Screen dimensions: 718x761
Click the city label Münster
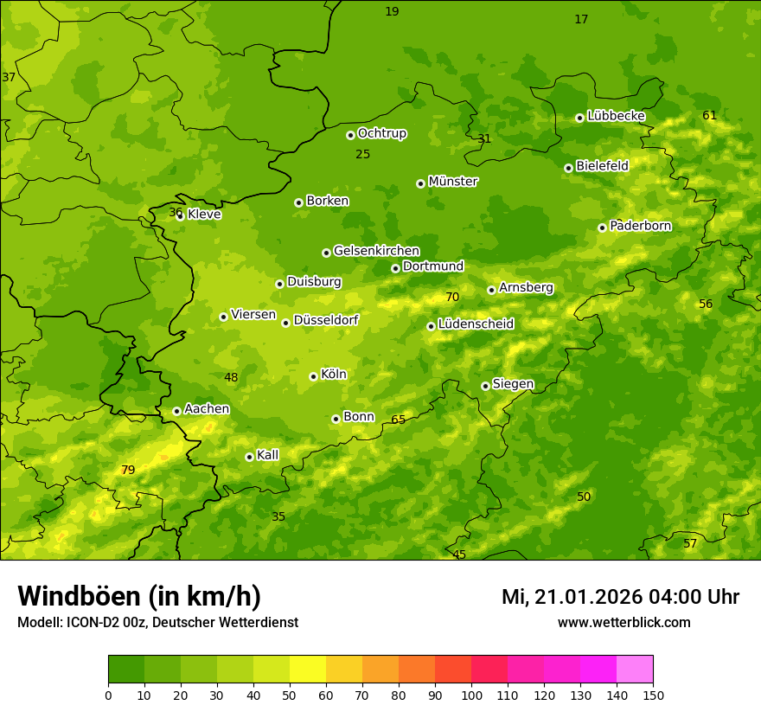coord(453,182)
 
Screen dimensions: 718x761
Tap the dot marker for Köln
coord(313,376)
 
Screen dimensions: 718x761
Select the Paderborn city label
coord(641,226)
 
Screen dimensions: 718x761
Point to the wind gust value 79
coord(128,471)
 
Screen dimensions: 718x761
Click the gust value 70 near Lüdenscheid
coord(452,298)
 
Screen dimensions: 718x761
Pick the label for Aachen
coord(207,409)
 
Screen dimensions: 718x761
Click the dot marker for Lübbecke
coord(579,118)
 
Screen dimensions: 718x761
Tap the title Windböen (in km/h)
coord(139,596)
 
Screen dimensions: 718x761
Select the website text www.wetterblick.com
coord(624,623)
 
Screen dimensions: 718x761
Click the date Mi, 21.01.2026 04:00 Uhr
coord(620,597)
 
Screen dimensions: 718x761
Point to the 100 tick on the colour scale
coord(471,695)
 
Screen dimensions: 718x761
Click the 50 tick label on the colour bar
coord(290,695)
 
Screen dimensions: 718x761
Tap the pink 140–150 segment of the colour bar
coord(635,670)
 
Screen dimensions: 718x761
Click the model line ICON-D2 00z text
coord(157,623)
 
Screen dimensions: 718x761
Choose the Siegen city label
coord(514,384)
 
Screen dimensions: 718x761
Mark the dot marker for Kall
coord(249,457)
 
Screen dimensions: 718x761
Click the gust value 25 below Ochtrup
coord(363,155)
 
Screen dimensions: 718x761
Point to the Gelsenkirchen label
coord(376,251)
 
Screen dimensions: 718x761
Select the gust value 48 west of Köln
coord(231,378)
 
